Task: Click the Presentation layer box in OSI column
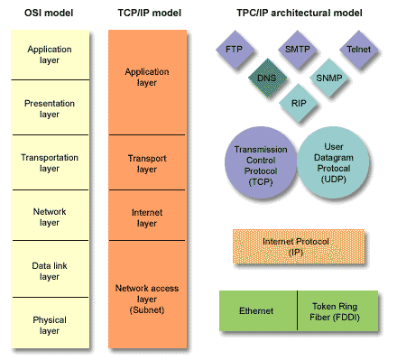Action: coord(50,108)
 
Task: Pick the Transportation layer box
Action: coord(50,162)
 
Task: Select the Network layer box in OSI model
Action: coord(50,217)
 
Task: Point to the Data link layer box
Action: coord(50,270)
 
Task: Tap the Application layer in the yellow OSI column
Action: coord(50,55)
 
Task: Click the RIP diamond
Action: coord(299,104)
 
